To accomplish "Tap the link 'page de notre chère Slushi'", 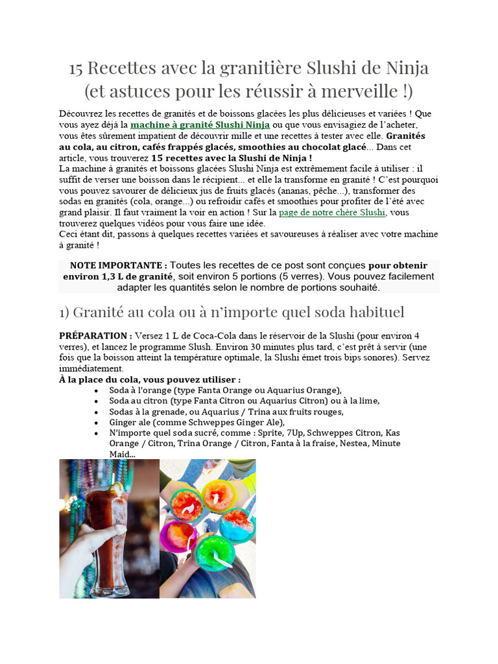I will [x=332, y=212].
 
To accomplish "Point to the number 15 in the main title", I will [x=77, y=68].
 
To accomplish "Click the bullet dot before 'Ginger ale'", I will [x=97, y=422].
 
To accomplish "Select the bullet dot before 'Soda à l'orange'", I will [x=97, y=390].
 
